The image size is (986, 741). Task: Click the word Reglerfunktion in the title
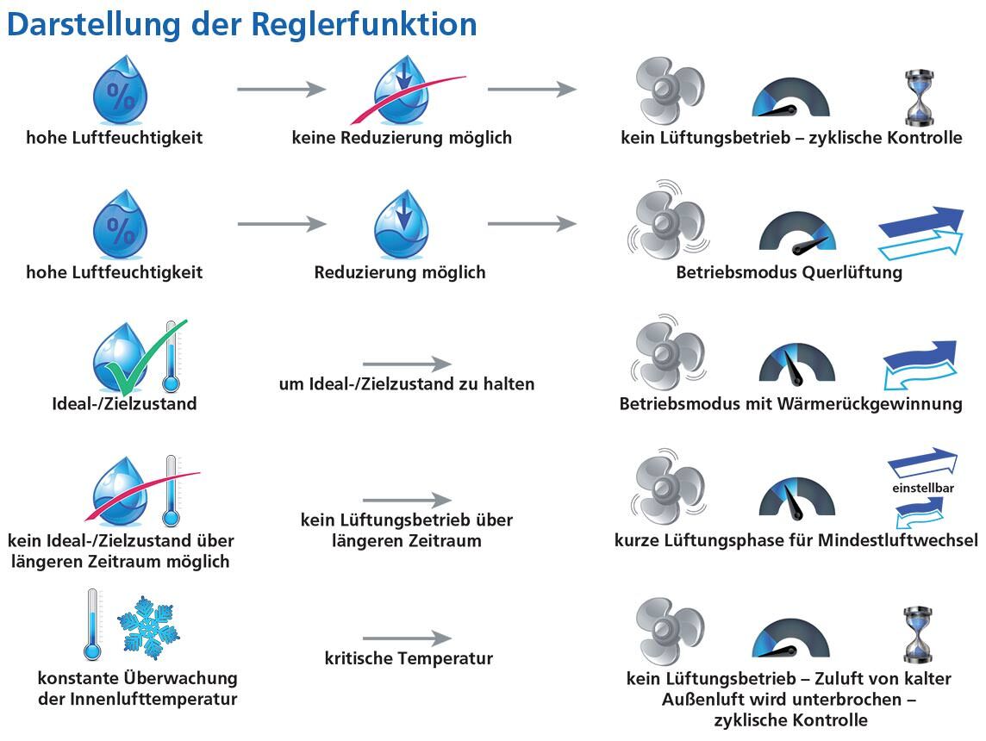click(x=364, y=24)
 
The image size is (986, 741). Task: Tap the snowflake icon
click(x=148, y=627)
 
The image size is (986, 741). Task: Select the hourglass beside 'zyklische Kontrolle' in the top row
click(x=919, y=98)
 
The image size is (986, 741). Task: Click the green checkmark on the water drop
click(x=146, y=357)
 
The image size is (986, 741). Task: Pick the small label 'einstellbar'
click(x=922, y=488)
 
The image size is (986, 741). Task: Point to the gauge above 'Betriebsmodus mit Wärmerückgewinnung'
click(x=796, y=364)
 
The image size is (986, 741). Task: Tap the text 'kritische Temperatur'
click(x=409, y=658)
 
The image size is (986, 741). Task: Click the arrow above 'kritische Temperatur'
click(x=408, y=638)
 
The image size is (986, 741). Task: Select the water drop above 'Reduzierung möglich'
click(x=401, y=224)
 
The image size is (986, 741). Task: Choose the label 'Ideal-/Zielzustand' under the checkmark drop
click(x=124, y=403)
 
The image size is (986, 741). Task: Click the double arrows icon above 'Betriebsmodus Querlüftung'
click(x=920, y=233)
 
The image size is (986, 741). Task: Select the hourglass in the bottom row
click(x=919, y=635)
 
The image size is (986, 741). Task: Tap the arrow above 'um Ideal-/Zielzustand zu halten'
click(x=408, y=364)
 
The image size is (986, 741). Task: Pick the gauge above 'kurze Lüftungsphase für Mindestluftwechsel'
click(x=796, y=498)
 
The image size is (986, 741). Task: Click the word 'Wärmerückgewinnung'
click(x=870, y=403)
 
